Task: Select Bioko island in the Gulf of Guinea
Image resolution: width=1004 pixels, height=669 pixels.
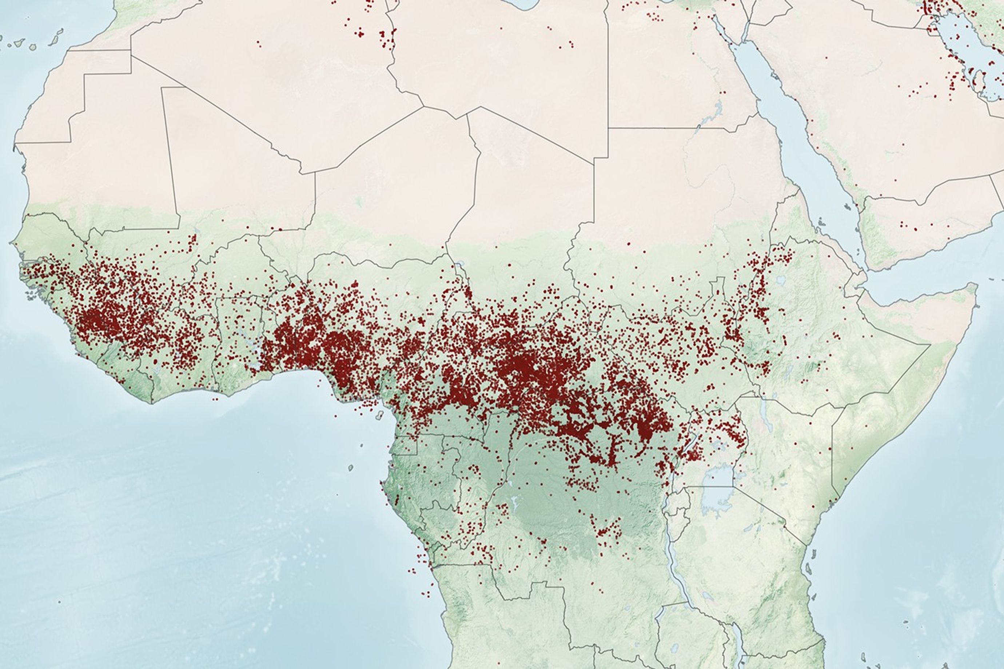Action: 378,415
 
